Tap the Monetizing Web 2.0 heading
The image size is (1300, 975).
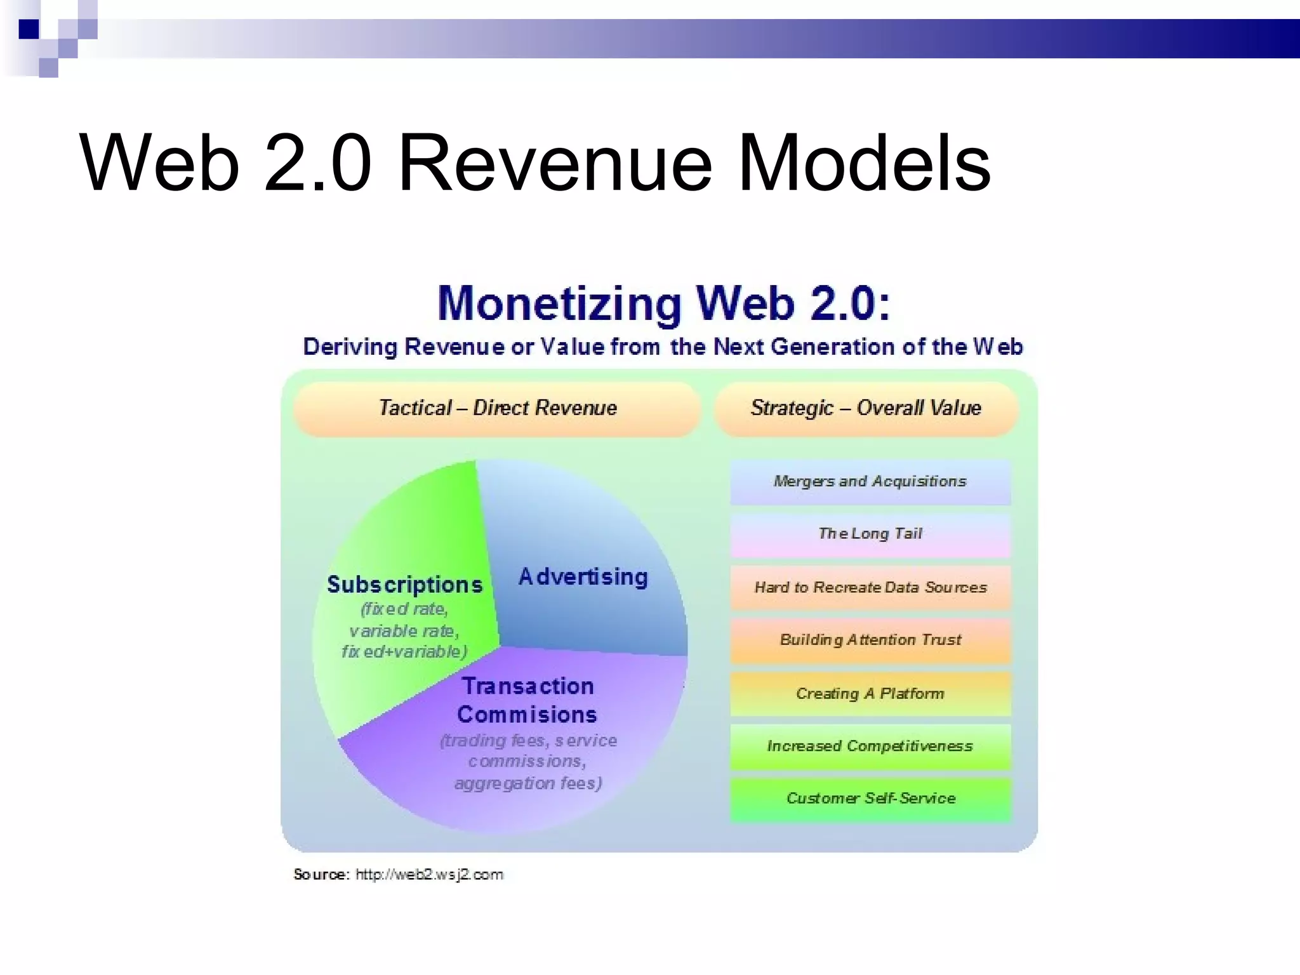pyautogui.click(x=664, y=303)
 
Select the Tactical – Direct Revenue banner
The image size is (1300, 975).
pyautogui.click(x=498, y=408)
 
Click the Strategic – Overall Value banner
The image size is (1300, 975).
pyautogui.click(x=866, y=408)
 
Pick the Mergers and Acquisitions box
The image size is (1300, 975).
pyautogui.click(x=870, y=482)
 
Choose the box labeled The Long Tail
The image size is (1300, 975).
pyautogui.click(x=870, y=534)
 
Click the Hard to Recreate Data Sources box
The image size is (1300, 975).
pyautogui.click(x=870, y=588)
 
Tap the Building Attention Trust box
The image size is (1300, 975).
pyautogui.click(x=870, y=640)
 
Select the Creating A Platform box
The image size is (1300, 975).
pyautogui.click(x=870, y=694)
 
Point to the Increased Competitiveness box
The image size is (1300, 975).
pyautogui.click(x=870, y=746)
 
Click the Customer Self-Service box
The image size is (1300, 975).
pyautogui.click(x=870, y=799)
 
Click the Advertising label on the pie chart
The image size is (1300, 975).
pyautogui.click(x=583, y=577)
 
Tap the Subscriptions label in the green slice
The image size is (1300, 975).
pyautogui.click(x=404, y=585)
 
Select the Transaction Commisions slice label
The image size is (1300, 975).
pyautogui.click(x=527, y=700)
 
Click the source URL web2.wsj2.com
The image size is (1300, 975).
pyautogui.click(x=429, y=875)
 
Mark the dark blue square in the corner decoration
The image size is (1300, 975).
pyautogui.click(x=29, y=29)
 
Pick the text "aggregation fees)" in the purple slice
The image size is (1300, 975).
pyautogui.click(x=528, y=783)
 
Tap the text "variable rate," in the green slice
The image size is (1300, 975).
pyautogui.click(x=404, y=631)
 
